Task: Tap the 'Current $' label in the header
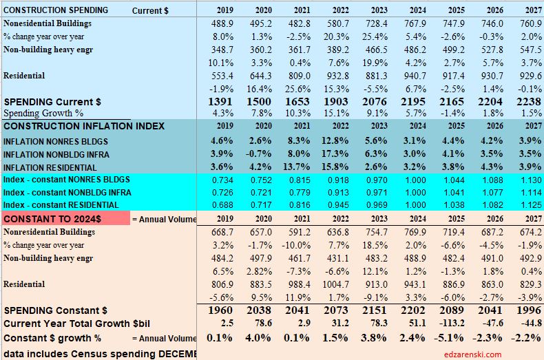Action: [150, 10]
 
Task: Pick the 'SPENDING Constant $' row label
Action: [56, 310]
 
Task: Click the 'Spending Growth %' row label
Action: [43, 113]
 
